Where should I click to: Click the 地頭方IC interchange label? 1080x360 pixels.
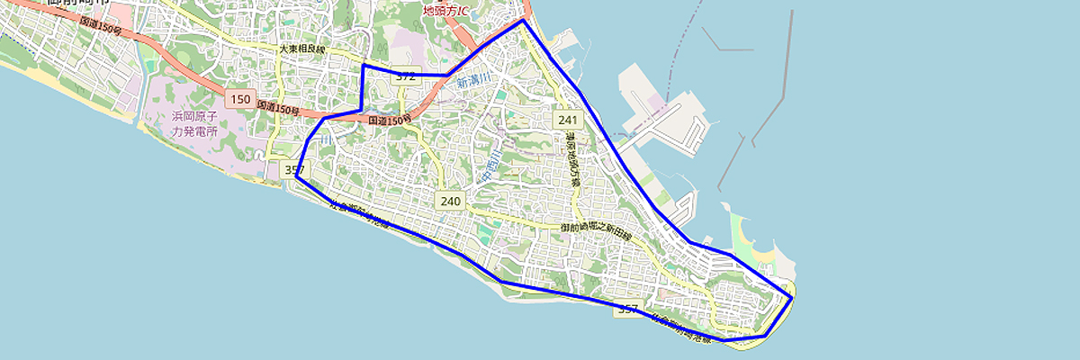tap(445, 11)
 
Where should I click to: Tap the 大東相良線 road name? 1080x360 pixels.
tap(301, 50)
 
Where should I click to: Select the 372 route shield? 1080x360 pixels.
tap(406, 76)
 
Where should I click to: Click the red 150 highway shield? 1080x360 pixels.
tap(240, 99)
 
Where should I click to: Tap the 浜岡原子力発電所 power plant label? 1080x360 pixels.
tap(196, 123)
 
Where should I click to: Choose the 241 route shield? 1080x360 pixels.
tap(566, 120)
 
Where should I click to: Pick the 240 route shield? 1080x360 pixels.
tap(451, 201)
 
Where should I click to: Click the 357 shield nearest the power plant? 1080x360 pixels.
tap(294, 169)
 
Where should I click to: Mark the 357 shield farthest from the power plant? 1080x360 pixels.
tap(628, 310)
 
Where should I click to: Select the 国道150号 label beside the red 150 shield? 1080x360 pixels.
tap(278, 108)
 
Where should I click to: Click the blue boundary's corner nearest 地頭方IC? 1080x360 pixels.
tap(522, 19)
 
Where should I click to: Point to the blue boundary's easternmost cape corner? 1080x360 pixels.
tap(792, 297)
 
